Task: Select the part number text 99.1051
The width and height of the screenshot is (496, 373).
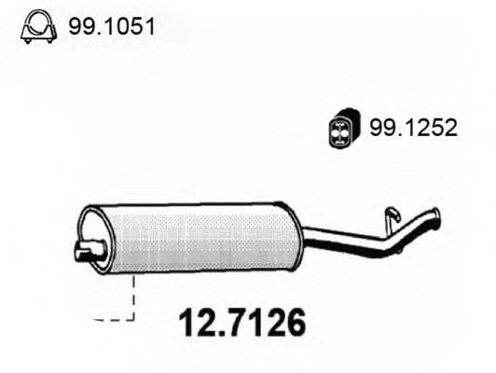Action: click(109, 31)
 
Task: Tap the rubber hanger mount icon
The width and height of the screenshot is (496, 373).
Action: click(343, 131)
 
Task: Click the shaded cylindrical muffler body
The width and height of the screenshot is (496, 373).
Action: click(196, 235)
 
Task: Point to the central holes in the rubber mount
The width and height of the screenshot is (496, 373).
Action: click(343, 131)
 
